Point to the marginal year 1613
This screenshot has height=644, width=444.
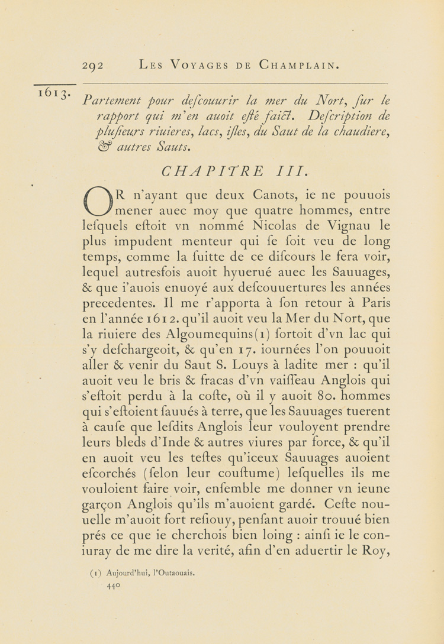pos(54,94)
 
